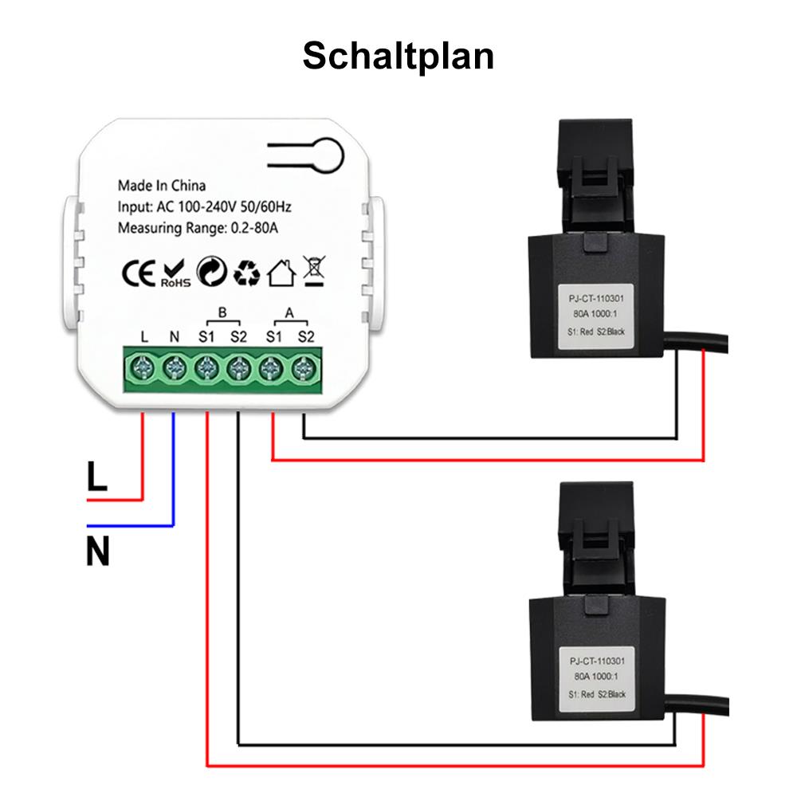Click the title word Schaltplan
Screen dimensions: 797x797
[398, 57]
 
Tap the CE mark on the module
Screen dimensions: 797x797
[137, 272]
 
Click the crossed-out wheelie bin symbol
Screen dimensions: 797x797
[313, 271]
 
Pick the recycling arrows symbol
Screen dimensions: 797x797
[246, 273]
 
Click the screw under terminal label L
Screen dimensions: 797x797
[143, 368]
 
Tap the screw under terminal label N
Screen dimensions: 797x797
[175, 368]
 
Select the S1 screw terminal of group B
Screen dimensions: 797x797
[206, 368]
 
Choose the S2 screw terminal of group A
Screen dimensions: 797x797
[303, 368]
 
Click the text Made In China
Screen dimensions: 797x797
[162, 186]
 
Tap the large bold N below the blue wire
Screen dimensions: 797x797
[97, 552]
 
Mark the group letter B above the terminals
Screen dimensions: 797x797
[222, 312]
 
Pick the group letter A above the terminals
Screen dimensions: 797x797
[289, 312]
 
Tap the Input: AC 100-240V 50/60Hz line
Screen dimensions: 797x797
[205, 207]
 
